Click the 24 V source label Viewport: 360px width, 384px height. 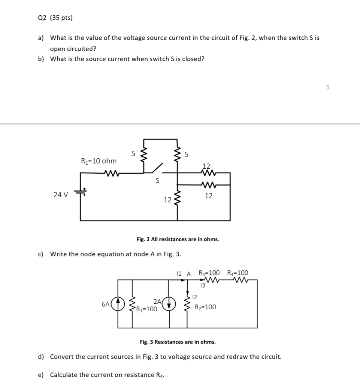61,195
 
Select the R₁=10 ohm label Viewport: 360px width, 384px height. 99,161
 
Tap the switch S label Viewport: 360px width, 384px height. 158,181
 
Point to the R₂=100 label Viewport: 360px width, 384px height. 205,307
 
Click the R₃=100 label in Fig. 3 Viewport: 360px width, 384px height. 209,273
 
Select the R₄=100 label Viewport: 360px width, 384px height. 238,273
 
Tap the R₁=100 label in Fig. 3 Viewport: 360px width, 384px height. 146,309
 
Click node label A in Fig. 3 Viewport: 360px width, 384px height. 189,274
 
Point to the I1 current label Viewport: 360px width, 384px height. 179,274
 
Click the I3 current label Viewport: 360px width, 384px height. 203,285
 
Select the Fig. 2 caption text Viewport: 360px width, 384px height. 178,239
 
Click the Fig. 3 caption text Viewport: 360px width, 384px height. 178,342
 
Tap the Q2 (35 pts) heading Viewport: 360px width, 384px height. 55,18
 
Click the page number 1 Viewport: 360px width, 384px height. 328,87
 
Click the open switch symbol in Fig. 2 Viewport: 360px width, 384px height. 157,168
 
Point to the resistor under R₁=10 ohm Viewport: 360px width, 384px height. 112,173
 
